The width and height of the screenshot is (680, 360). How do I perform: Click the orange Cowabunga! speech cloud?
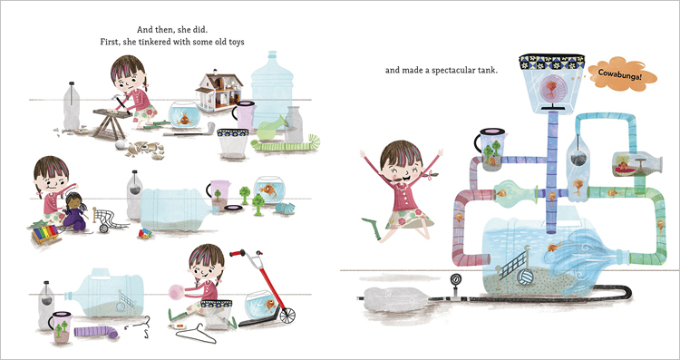[622, 74]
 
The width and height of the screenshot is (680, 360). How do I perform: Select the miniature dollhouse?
[219, 91]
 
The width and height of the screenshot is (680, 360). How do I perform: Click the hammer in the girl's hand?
[119, 104]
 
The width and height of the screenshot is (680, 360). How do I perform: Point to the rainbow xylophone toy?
[44, 234]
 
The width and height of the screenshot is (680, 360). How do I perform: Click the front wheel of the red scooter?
[287, 316]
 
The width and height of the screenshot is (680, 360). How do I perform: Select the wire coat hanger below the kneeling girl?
[196, 334]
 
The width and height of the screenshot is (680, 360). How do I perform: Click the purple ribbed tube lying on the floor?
[96, 332]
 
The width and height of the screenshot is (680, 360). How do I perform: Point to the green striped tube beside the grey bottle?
[287, 144]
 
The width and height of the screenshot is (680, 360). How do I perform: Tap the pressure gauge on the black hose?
[455, 279]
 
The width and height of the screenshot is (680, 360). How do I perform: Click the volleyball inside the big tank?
[525, 277]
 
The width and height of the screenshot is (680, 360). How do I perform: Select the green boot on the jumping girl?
[371, 228]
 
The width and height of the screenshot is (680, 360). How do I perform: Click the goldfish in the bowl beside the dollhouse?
[185, 118]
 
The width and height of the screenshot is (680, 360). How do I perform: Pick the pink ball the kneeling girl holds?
[177, 292]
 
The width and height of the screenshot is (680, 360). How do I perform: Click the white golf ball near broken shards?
[120, 144]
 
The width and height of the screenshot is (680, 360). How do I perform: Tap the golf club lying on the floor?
[189, 131]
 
